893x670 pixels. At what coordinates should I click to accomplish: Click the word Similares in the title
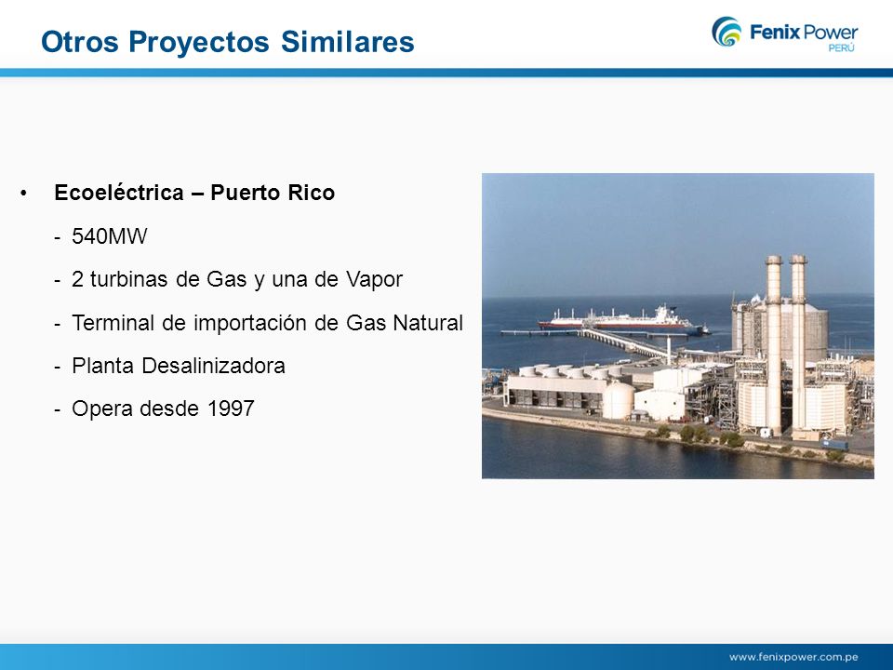click(347, 42)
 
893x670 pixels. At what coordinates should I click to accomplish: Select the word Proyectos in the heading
click(199, 43)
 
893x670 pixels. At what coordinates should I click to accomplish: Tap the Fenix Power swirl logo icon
click(726, 32)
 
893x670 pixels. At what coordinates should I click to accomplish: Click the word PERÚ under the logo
click(841, 48)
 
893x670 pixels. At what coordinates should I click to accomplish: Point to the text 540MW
click(110, 235)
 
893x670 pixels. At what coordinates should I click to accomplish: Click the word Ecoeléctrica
click(119, 193)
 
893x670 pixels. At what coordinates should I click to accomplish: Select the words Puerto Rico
click(273, 193)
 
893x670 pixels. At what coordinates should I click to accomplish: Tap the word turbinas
click(128, 279)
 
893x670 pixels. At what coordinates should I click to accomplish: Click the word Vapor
click(374, 280)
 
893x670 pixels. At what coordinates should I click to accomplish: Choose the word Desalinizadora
click(214, 366)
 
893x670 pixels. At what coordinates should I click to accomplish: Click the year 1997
click(231, 409)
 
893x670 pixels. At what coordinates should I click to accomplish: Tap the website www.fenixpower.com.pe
click(793, 657)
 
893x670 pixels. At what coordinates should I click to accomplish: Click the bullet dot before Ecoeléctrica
click(23, 194)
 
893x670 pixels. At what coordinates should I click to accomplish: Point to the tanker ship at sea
click(622, 318)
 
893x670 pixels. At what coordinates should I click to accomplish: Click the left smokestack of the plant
click(773, 342)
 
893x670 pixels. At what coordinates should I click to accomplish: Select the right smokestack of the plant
click(798, 342)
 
